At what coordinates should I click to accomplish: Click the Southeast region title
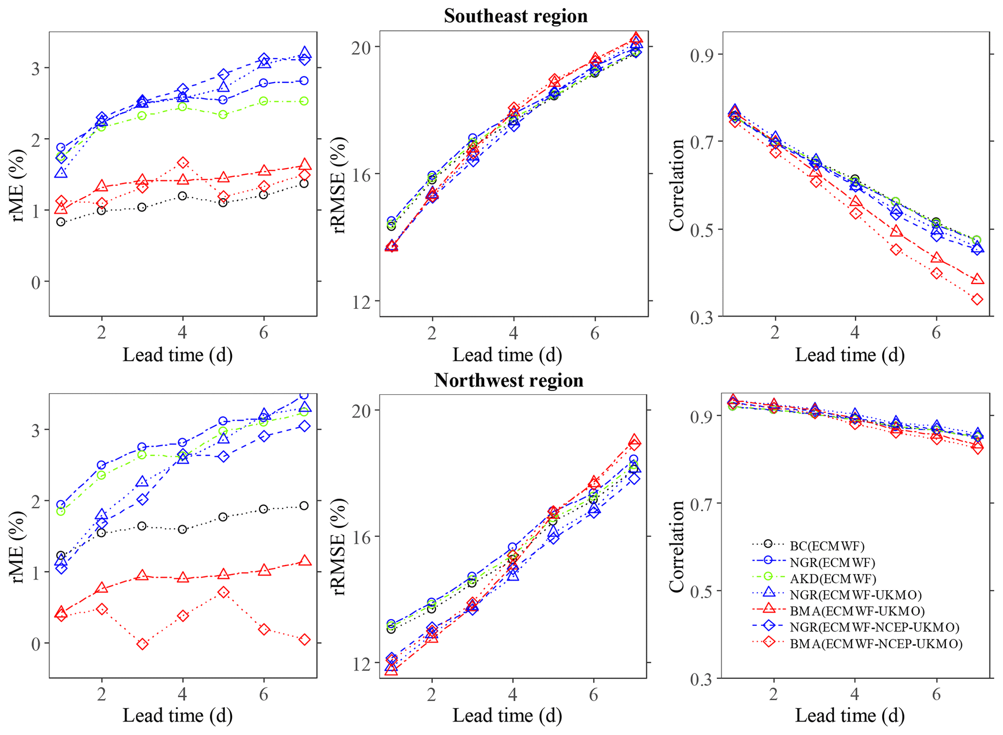coord(515,16)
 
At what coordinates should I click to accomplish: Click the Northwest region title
coord(509,380)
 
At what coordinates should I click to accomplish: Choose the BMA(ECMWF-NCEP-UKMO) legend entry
coord(876,644)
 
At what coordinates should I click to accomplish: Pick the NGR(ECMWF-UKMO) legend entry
coord(855,595)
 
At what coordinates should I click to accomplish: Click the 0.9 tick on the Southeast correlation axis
coord(703,54)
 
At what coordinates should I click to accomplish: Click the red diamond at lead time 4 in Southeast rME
coord(182,163)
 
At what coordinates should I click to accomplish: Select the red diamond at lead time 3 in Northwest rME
coord(142,644)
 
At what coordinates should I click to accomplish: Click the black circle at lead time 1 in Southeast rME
coord(61,222)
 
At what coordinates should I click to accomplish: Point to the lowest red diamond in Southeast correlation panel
coord(977,300)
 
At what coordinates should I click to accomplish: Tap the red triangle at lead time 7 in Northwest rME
coord(304,561)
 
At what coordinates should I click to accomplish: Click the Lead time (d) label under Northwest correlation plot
coord(849,715)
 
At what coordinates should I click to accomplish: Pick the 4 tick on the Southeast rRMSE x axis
coord(513,333)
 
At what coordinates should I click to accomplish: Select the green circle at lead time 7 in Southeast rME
coord(304,101)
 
